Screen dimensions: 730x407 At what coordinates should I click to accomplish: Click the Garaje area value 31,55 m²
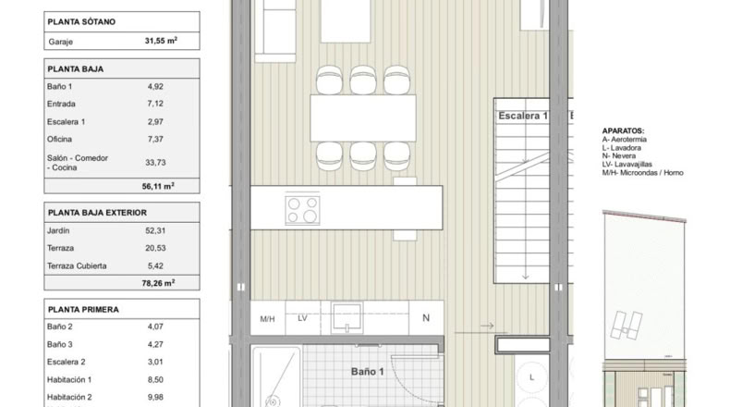pyautogui.click(x=161, y=41)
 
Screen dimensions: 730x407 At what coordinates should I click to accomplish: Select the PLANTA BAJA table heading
pyautogui.click(x=76, y=69)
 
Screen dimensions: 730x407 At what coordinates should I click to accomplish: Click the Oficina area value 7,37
pyautogui.click(x=155, y=139)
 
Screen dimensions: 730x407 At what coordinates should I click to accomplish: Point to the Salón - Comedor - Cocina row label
pyautogui.click(x=78, y=163)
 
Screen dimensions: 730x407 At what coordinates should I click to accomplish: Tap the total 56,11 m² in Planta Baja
pyautogui.click(x=158, y=186)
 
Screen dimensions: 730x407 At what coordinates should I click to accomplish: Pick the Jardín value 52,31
pyautogui.click(x=155, y=230)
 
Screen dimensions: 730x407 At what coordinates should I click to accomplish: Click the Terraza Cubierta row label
pyautogui.click(x=77, y=265)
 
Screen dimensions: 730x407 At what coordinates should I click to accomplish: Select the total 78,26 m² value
pyautogui.click(x=158, y=283)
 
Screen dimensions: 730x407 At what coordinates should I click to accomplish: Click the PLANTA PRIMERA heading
pyautogui.click(x=83, y=310)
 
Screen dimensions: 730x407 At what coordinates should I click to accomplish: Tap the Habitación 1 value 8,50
pyautogui.click(x=155, y=379)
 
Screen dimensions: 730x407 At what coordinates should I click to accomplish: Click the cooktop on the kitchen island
pyautogui.click(x=302, y=209)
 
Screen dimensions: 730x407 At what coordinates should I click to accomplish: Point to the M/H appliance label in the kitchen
pyautogui.click(x=267, y=319)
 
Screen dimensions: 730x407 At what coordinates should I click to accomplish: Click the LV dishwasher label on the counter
pyautogui.click(x=302, y=318)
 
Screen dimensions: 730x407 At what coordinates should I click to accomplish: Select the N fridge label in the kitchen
pyautogui.click(x=425, y=318)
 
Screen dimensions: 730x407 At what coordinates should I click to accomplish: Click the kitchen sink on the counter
pyautogui.click(x=347, y=318)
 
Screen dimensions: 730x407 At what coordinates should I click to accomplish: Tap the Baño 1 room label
pyautogui.click(x=368, y=372)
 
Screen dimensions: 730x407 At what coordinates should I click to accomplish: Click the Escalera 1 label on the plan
pyautogui.click(x=523, y=116)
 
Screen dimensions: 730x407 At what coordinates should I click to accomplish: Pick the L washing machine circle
pyautogui.click(x=531, y=377)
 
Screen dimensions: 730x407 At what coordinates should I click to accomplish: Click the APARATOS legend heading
pyautogui.click(x=623, y=131)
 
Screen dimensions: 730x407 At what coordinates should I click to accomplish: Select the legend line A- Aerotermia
pyautogui.click(x=624, y=140)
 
